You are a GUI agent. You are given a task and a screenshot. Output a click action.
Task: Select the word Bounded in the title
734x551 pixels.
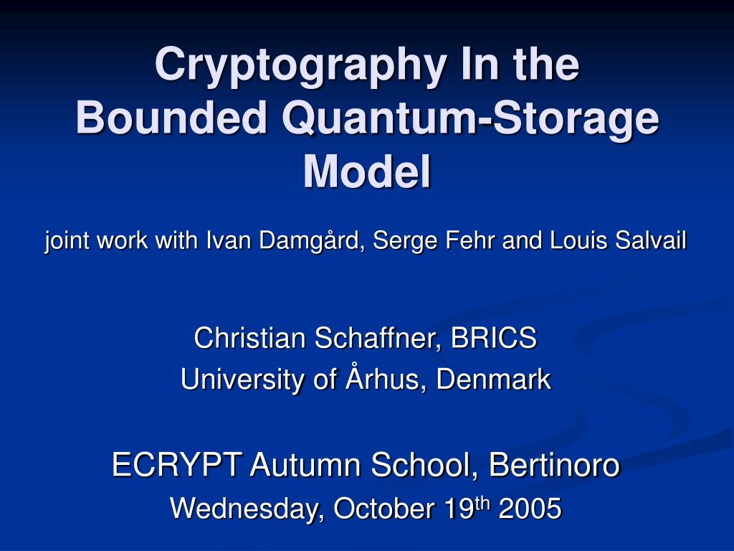click(171, 118)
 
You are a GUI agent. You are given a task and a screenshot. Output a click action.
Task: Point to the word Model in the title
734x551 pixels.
click(367, 171)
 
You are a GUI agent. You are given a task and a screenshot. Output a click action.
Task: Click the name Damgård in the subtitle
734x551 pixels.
click(312, 241)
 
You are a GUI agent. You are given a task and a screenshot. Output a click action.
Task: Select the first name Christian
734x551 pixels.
click(249, 338)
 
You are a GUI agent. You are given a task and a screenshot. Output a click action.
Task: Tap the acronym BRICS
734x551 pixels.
click(493, 338)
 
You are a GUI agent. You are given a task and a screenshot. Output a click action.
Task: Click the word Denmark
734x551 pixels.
click(493, 379)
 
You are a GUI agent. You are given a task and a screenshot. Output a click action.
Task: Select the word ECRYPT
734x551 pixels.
click(177, 465)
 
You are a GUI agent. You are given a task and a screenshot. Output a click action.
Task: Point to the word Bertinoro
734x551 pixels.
click(554, 465)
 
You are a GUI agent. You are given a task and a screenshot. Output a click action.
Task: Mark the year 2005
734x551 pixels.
click(530, 509)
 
